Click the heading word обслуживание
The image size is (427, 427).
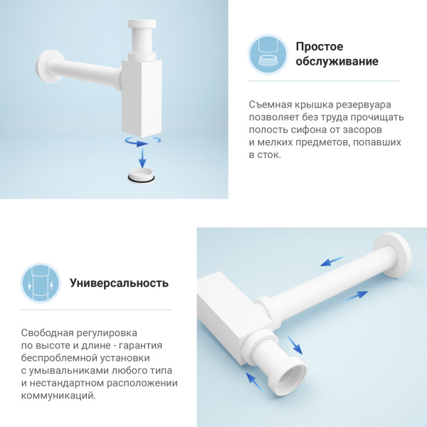337,62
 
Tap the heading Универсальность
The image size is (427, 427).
119,283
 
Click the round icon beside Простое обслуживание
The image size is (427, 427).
268,54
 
